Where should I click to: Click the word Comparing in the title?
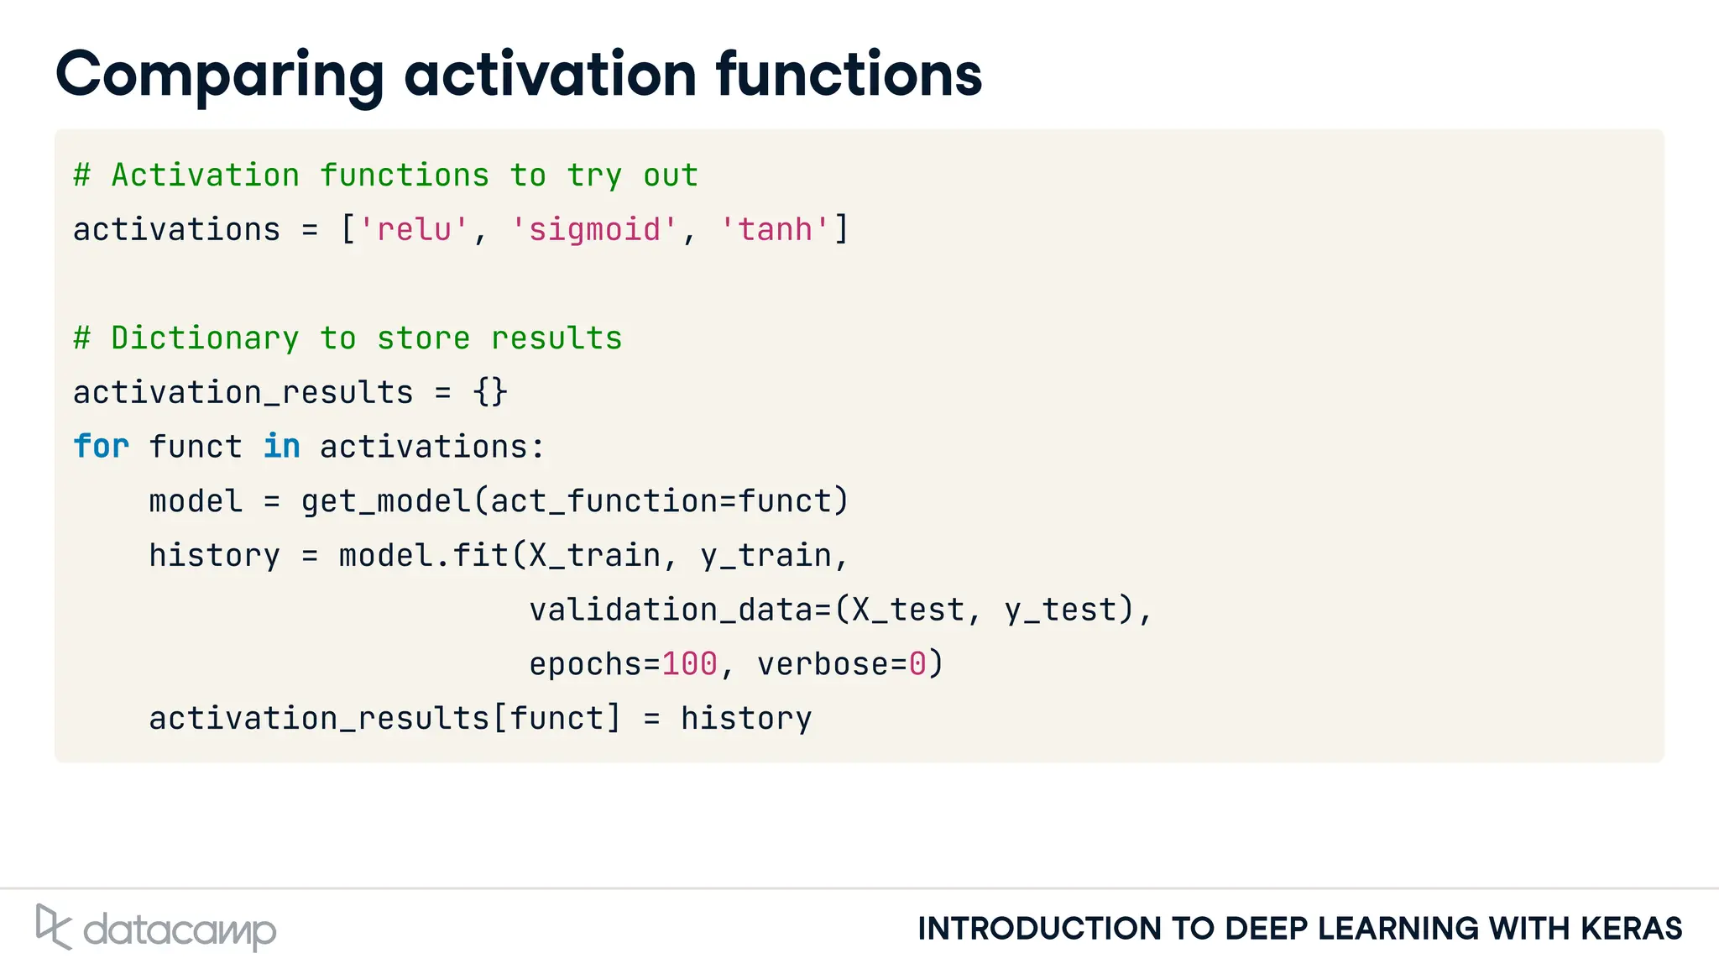click(220, 76)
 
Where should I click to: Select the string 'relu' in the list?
click(414, 229)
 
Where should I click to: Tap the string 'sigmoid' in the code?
click(594, 229)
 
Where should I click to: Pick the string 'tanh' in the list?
click(775, 229)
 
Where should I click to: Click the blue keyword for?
click(101, 447)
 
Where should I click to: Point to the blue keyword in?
click(281, 447)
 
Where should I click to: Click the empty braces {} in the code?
click(490, 392)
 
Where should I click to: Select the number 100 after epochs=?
click(690, 664)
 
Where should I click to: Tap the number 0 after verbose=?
click(917, 664)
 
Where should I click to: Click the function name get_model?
click(386, 501)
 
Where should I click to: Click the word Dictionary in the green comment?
click(205, 338)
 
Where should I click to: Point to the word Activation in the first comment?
click(205, 175)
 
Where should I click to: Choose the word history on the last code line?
click(746, 719)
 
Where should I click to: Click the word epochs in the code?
click(585, 664)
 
